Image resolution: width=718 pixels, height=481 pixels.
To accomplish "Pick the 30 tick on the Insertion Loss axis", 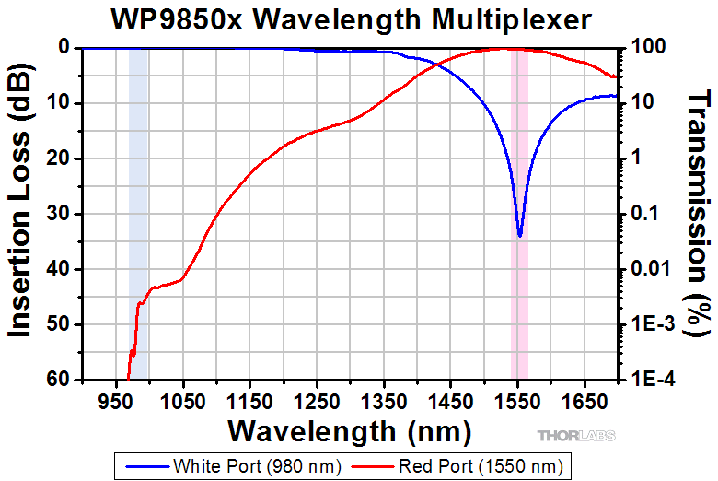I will click(x=58, y=214).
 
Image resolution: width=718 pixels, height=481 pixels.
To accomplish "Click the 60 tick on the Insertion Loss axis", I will click(x=58, y=379).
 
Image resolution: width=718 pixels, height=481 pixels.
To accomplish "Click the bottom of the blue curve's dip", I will click(x=520, y=235).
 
